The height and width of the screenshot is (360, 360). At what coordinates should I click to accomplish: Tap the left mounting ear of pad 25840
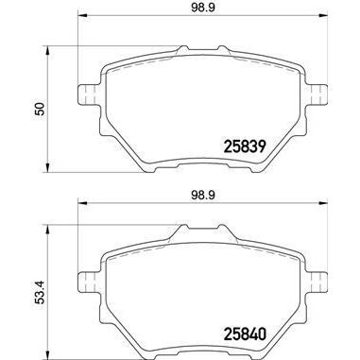[84, 280]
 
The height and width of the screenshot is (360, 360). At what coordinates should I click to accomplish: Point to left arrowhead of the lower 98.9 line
[80, 205]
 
